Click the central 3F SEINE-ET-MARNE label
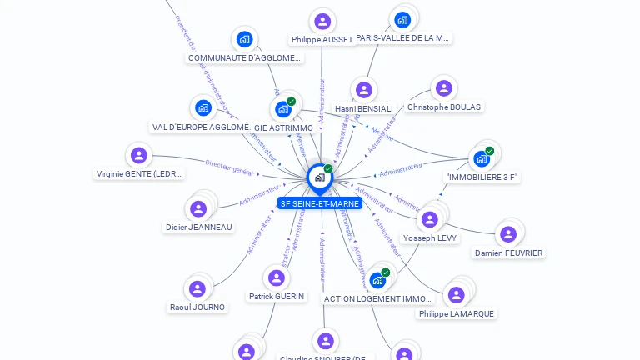tap(320, 203)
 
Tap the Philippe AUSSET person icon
tap(322, 21)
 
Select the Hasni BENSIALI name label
tap(363, 108)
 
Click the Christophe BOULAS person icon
tap(443, 88)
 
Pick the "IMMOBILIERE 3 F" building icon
tap(481, 158)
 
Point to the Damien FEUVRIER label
tap(508, 252)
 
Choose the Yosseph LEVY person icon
tap(430, 219)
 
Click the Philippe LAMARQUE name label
tap(456, 313)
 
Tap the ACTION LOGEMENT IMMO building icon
tap(377, 280)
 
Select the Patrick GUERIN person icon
tap(276, 277)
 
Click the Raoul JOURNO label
tap(197, 307)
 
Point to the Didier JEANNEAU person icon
tap(198, 208)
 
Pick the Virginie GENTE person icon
tap(139, 155)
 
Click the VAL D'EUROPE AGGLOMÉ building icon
tap(202, 107)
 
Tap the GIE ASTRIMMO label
tap(283, 127)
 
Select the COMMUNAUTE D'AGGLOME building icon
tap(244, 38)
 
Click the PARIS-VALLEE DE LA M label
tap(402, 37)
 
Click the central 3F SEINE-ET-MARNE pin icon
tap(319, 177)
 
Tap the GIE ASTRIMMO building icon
tap(283, 108)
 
